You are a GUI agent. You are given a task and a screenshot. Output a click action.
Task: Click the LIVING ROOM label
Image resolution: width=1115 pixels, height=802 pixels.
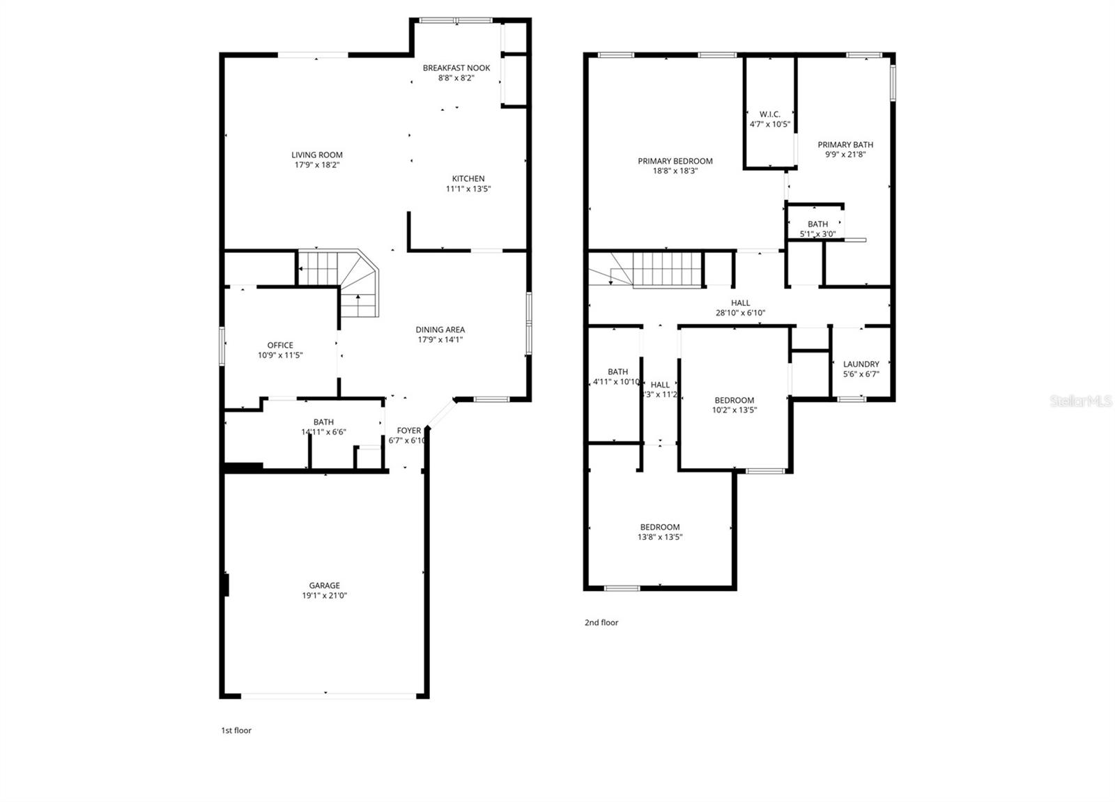tap(317, 155)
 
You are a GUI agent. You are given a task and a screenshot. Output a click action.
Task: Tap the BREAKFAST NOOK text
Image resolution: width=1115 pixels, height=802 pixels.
tap(456, 68)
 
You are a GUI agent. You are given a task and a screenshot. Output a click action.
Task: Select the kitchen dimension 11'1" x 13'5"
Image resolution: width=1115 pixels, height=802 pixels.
tap(468, 189)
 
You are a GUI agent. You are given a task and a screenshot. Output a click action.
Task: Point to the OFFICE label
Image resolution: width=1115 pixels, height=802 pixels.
tap(280, 345)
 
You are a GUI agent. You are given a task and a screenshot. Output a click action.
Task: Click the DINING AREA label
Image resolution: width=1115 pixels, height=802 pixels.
tap(440, 330)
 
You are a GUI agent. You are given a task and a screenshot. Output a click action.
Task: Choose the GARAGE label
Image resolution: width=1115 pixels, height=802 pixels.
tap(325, 585)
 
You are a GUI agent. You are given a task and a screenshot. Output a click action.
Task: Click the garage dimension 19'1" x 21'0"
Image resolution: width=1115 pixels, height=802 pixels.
tap(325, 596)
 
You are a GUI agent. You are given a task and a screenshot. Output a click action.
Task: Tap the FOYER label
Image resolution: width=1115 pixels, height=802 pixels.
tap(409, 431)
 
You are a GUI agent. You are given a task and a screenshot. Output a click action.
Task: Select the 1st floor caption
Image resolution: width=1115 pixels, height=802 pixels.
tap(236, 730)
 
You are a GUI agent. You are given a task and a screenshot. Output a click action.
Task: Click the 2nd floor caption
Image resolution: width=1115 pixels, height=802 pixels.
tap(601, 622)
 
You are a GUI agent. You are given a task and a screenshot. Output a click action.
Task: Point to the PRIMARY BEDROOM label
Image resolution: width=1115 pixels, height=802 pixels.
tap(675, 161)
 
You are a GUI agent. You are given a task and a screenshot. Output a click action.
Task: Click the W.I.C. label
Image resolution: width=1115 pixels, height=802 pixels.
tap(770, 114)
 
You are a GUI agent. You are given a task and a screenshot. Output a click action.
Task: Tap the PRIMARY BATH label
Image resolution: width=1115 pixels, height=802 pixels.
tap(845, 145)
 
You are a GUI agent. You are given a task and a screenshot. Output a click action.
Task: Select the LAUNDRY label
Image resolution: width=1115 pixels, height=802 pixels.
tap(861, 364)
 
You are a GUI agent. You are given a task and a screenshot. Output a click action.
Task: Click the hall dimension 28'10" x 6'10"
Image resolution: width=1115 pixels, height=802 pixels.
tap(741, 313)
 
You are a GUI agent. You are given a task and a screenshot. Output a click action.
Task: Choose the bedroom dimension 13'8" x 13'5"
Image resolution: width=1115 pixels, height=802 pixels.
tap(660, 537)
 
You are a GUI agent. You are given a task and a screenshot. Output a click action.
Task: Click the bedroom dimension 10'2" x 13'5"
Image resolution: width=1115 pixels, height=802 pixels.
tap(735, 410)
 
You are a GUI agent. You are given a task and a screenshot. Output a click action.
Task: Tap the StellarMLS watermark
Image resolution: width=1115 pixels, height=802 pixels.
tap(1081, 401)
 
